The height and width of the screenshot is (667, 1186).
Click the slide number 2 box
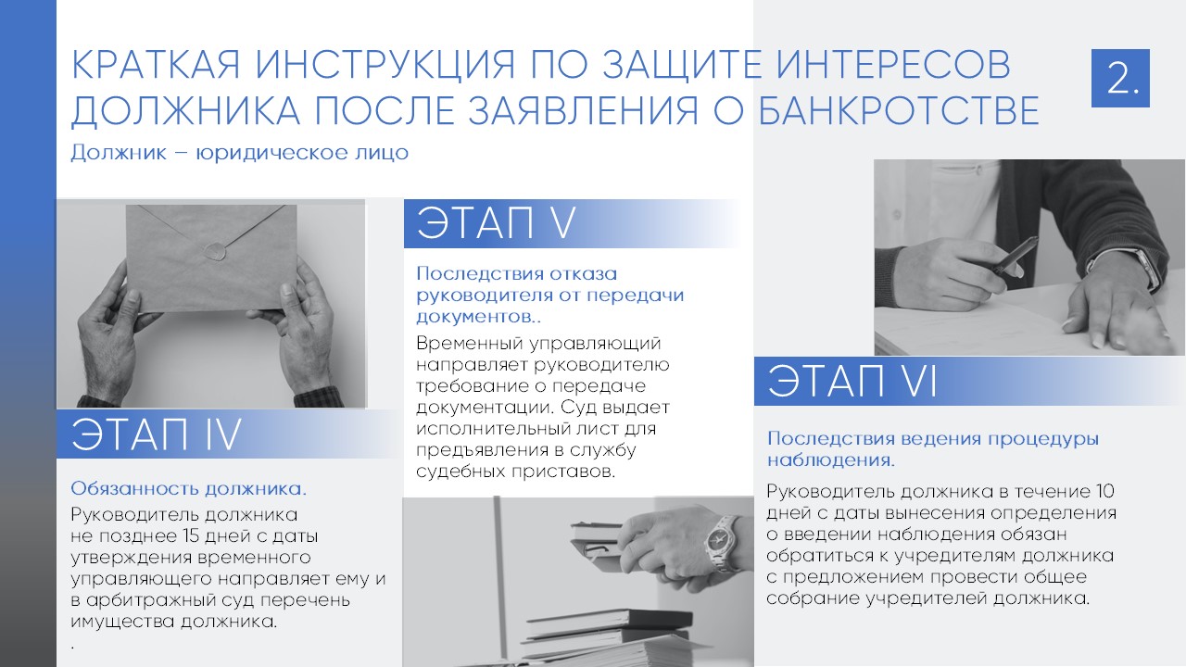[1120, 78]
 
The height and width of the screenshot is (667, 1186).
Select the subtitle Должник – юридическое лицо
[239, 153]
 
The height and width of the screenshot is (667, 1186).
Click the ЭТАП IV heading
[157, 434]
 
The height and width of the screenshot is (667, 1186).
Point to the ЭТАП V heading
[497, 224]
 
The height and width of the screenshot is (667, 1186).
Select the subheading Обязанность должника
[189, 488]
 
